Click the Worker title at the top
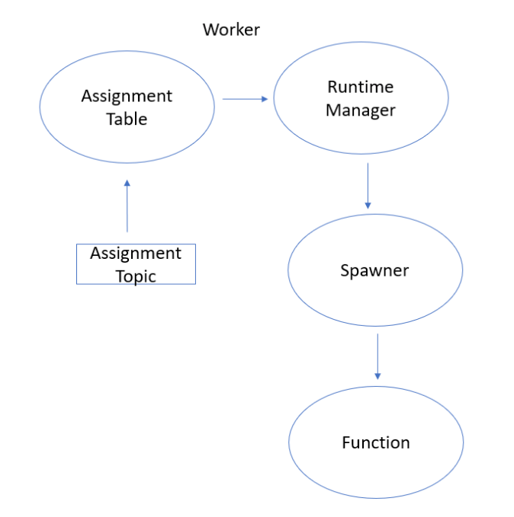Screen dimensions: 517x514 click(231, 30)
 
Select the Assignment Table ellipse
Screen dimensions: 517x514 click(127, 107)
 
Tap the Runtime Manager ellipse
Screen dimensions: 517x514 click(361, 98)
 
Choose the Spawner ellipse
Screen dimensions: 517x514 click(374, 270)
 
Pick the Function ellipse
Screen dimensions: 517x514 click(375, 442)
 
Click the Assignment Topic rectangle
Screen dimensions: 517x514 click(136, 264)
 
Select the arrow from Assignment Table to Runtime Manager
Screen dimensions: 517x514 click(245, 99)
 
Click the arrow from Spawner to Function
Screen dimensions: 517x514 click(377, 356)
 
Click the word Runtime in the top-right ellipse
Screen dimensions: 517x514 click(360, 87)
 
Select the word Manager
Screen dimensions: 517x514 click(361, 110)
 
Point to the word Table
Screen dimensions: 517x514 click(127, 120)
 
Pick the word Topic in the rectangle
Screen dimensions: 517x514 click(136, 276)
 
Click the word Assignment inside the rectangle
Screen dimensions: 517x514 click(136, 253)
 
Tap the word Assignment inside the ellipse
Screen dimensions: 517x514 click(127, 96)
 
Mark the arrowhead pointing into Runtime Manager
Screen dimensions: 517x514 click(265, 99)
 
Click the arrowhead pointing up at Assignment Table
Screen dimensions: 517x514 click(127, 183)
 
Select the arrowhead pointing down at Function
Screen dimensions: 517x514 click(377, 375)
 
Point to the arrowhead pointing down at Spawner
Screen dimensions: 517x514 click(368, 205)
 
